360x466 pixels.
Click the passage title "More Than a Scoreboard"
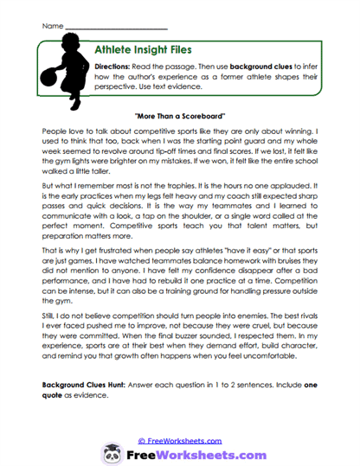point(180,115)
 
